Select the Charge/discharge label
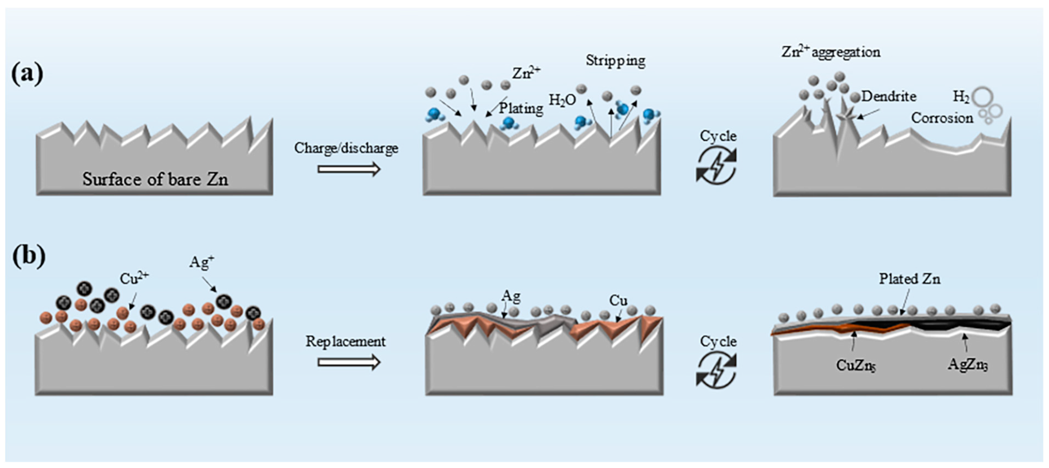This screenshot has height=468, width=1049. click(346, 148)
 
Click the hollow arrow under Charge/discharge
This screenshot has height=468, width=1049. click(349, 169)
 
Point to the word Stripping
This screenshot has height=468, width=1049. click(615, 61)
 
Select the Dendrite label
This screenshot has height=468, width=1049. click(889, 96)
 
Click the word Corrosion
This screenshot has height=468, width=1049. click(942, 118)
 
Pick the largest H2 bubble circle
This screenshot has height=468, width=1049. click(982, 97)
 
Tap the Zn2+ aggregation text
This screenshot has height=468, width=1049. click(831, 52)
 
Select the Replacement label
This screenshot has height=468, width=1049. click(345, 342)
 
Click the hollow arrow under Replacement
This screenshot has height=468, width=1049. click(349, 362)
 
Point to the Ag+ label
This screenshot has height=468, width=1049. click(201, 262)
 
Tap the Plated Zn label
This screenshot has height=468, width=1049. click(909, 279)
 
